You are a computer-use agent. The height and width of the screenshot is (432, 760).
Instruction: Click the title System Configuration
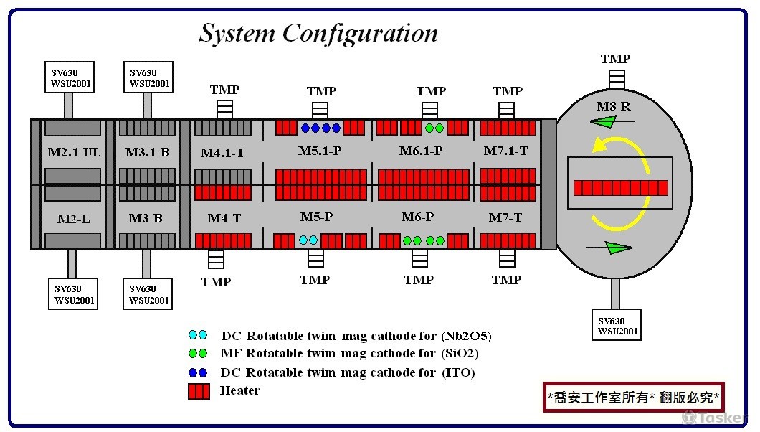(318, 33)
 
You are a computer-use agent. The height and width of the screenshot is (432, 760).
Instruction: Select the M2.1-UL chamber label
(75, 153)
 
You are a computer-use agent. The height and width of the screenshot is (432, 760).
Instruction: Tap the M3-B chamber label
(146, 218)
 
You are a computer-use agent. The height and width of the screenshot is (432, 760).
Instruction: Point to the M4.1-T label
(222, 153)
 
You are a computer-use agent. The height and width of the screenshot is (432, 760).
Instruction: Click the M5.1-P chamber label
(320, 151)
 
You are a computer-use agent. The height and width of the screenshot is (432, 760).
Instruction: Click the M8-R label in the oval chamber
(613, 107)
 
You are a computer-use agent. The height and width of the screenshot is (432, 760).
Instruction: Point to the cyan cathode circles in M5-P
(308, 240)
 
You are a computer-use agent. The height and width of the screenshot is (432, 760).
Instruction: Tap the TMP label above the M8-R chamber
(615, 59)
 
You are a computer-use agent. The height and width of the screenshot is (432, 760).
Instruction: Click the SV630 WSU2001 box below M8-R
(616, 325)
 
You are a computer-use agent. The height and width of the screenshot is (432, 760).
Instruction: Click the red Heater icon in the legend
(198, 391)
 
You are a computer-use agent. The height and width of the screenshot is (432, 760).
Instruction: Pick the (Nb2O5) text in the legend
(466, 336)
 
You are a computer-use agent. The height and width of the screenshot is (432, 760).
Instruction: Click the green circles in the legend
(197, 354)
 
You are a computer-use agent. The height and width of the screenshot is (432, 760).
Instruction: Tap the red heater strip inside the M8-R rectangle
(621, 188)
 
